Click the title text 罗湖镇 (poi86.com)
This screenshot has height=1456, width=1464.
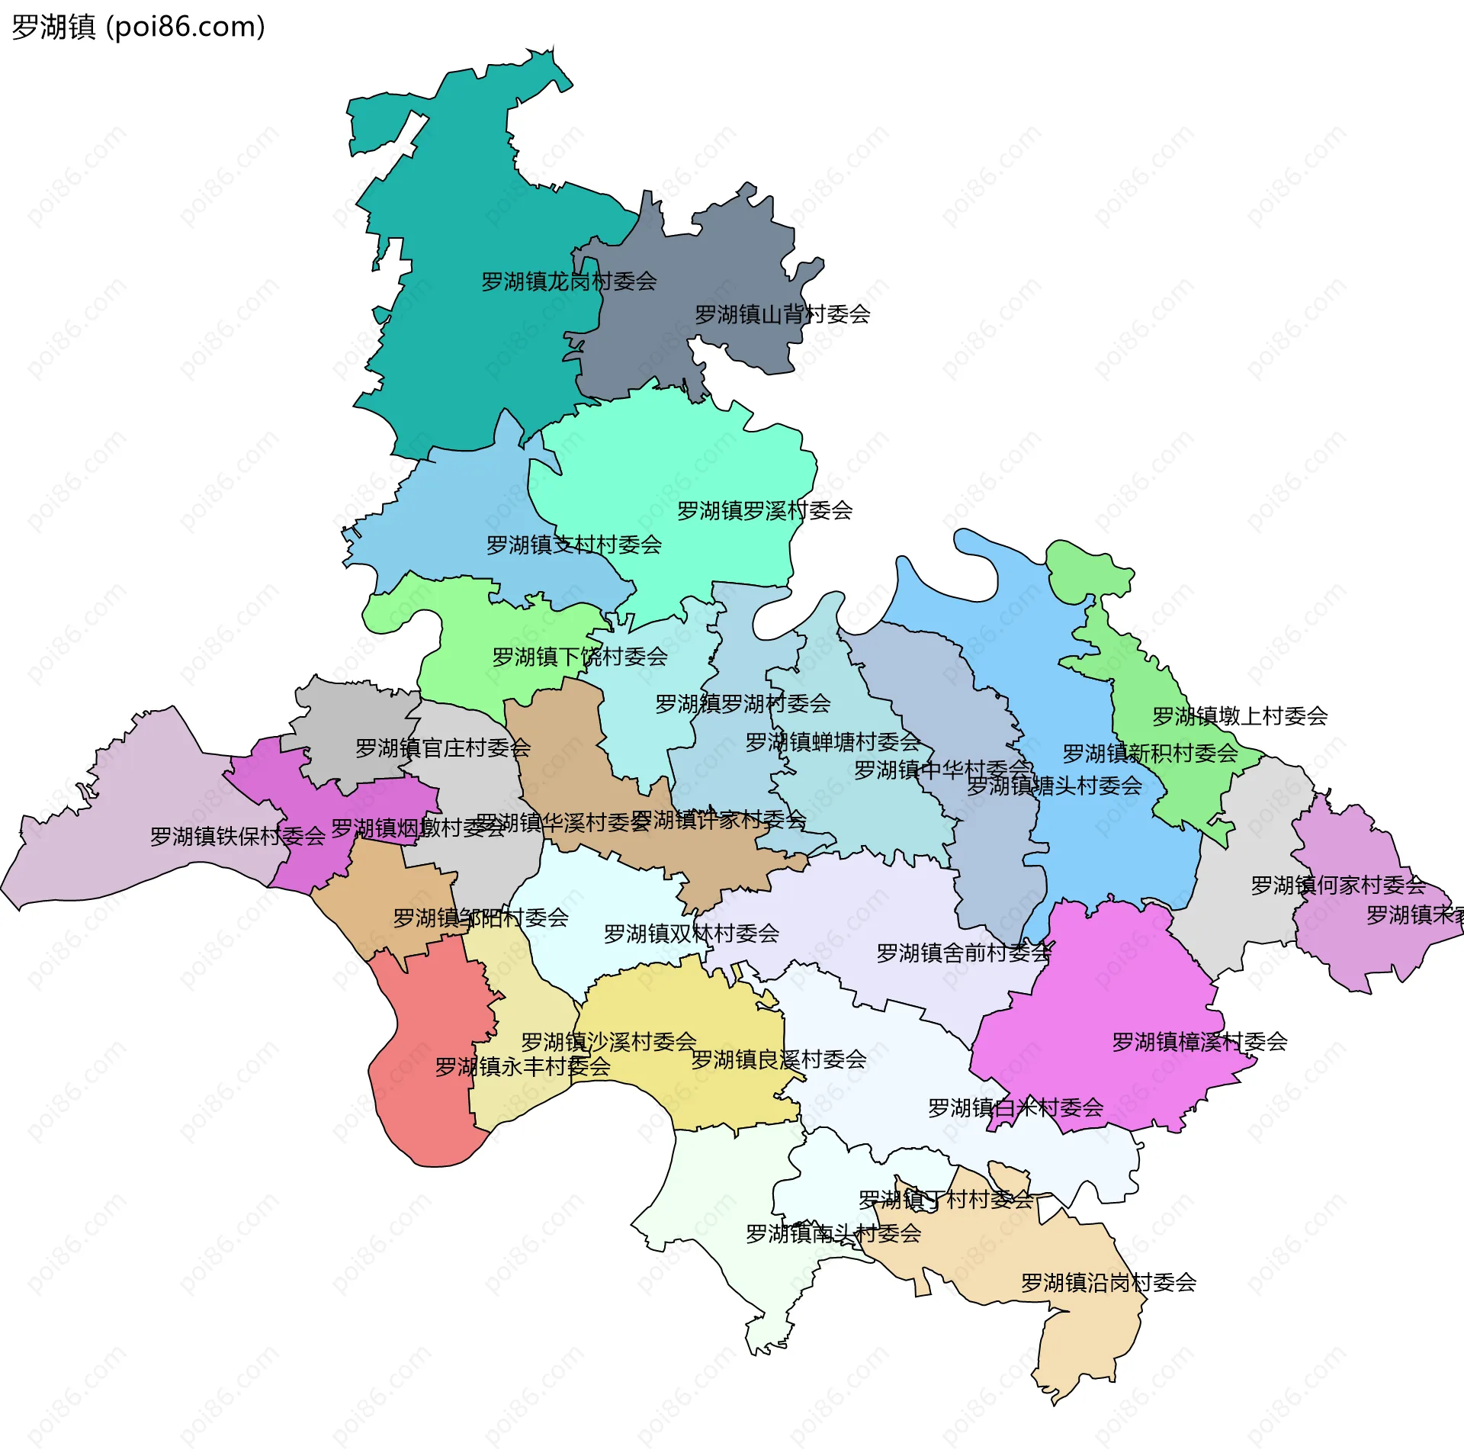click(x=138, y=27)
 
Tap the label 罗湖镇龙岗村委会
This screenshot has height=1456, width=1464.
click(x=569, y=281)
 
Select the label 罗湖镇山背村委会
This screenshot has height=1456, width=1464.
click(x=782, y=314)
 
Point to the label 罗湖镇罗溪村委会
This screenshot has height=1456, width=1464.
click(x=765, y=510)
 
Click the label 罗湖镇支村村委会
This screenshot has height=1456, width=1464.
click(x=574, y=545)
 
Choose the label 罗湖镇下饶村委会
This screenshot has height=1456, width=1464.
click(x=579, y=657)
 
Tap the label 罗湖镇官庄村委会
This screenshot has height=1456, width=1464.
click(x=443, y=747)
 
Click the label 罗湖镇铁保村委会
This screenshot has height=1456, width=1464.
click(x=238, y=836)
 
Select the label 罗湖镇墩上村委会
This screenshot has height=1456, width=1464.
click(x=1240, y=715)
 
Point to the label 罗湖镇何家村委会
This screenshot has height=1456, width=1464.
click(x=1338, y=885)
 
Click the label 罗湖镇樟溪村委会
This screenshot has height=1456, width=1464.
click(x=1199, y=1041)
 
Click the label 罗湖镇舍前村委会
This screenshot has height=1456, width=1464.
click(x=964, y=953)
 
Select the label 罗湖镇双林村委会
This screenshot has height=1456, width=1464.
click(x=692, y=934)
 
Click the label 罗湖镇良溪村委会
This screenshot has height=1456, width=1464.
click(x=779, y=1059)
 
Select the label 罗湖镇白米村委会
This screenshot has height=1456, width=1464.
click(x=1016, y=1107)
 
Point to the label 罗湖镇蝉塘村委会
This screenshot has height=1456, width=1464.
click(x=833, y=741)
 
